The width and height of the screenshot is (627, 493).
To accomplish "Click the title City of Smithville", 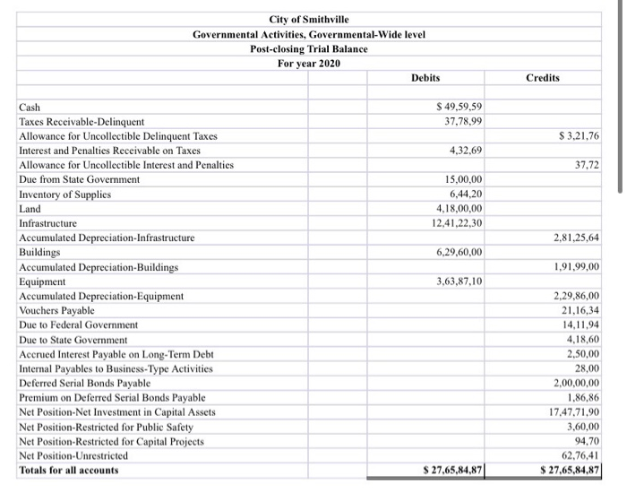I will [x=309, y=20].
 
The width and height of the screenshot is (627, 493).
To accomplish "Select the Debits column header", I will [x=425, y=78].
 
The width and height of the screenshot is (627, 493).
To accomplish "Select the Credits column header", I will [x=543, y=78].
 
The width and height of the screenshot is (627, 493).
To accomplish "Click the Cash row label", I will [x=30, y=108].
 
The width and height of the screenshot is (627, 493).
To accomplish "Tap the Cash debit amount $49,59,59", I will [x=457, y=108].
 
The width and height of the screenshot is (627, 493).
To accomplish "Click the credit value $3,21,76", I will [x=578, y=135].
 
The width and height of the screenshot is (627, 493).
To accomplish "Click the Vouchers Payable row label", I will [x=56, y=310].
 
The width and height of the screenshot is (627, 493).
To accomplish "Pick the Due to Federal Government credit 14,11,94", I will [x=580, y=324].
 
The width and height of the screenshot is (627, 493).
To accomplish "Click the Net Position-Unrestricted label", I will [x=73, y=455].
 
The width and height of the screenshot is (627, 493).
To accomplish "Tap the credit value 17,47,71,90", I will [x=573, y=411].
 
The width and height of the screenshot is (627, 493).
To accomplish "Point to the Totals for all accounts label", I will [x=68, y=471].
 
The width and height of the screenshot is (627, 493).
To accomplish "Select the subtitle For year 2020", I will [x=309, y=63].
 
